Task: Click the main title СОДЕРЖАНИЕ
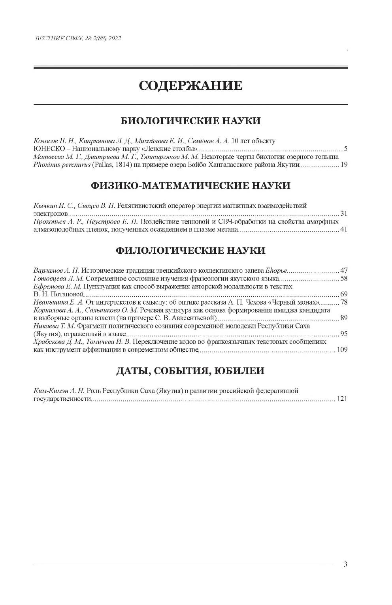click(x=190, y=85)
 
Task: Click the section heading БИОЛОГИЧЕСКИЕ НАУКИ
click(x=190, y=121)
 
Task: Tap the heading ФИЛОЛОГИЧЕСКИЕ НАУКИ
click(x=190, y=250)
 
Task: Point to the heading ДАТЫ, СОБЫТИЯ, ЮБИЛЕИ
click(x=190, y=371)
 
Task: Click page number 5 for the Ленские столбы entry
click(x=345, y=149)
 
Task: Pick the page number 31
click(x=343, y=214)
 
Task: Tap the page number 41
click(x=343, y=230)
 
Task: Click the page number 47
click(x=343, y=271)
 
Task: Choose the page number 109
click(x=342, y=350)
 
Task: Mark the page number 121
click(x=342, y=399)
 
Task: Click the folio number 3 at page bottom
click(x=345, y=564)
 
